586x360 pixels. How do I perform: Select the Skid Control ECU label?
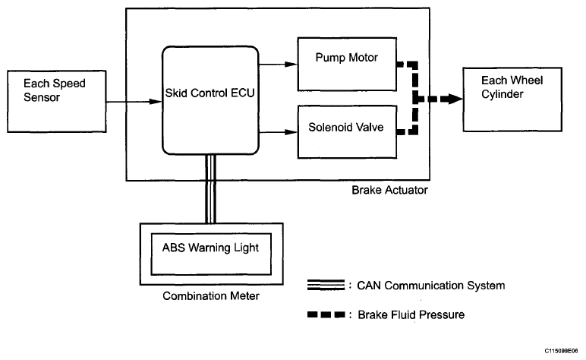210,93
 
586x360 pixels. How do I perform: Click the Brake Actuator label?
389,190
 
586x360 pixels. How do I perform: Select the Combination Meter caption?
211,295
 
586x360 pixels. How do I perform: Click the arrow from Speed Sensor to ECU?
134,102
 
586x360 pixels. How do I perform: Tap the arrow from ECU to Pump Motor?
278,65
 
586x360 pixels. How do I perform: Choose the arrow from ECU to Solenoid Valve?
278,132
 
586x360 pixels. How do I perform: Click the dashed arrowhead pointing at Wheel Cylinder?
455,99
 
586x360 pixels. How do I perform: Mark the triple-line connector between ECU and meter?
211,189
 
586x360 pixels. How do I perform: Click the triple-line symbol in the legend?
326,285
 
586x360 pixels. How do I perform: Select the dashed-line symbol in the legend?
326,314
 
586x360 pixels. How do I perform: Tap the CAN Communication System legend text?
431,286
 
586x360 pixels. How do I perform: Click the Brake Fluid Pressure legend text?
411,314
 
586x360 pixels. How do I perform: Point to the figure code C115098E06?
561,351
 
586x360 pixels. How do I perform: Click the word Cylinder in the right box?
502,94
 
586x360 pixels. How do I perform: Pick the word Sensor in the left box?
42,97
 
